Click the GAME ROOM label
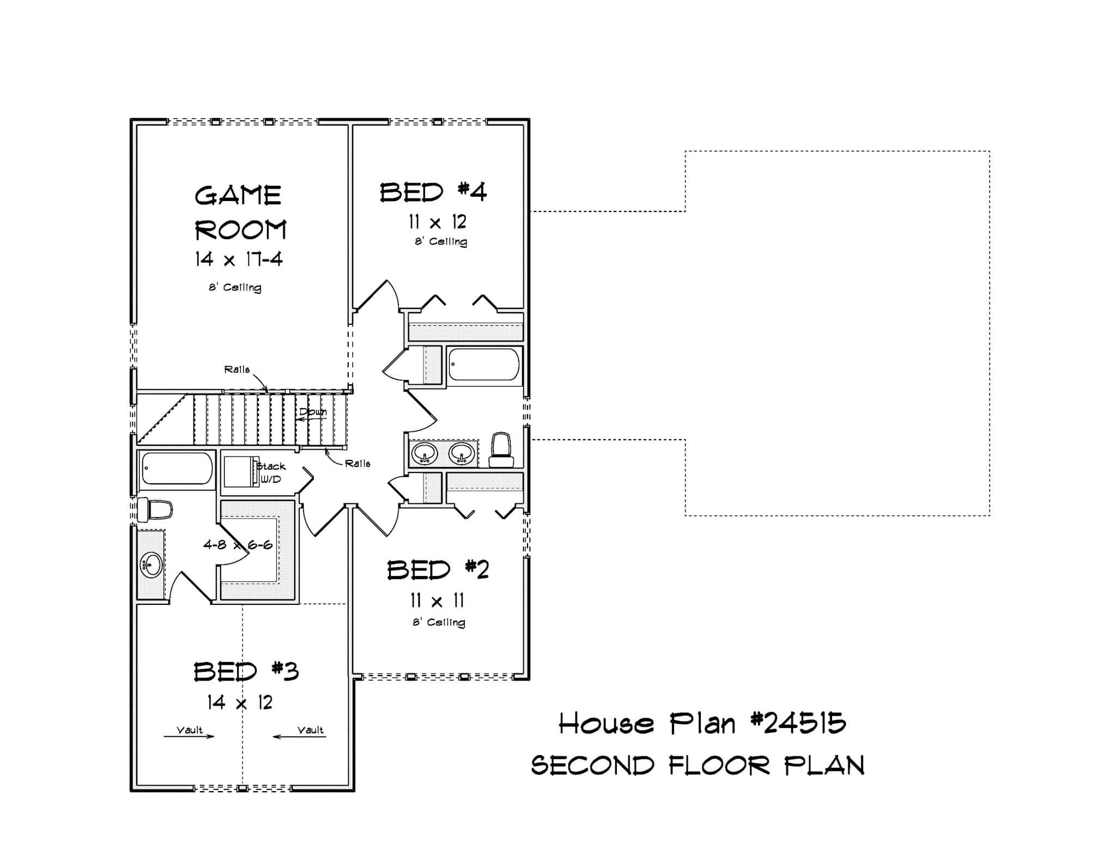(x=240, y=213)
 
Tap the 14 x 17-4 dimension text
(x=239, y=259)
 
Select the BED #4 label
(x=433, y=193)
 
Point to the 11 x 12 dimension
(x=438, y=222)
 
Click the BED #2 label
(x=438, y=570)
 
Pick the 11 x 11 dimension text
(x=437, y=601)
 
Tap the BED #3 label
(x=246, y=671)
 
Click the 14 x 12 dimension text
(x=240, y=703)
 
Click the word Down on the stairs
(x=313, y=412)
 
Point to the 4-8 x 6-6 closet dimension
(x=238, y=544)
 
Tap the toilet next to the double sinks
(x=501, y=451)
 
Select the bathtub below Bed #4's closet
(x=484, y=365)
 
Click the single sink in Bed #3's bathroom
(x=151, y=565)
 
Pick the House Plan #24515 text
(x=702, y=724)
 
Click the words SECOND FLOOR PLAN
(x=697, y=766)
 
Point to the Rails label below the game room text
(x=237, y=369)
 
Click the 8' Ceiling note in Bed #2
(x=439, y=622)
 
